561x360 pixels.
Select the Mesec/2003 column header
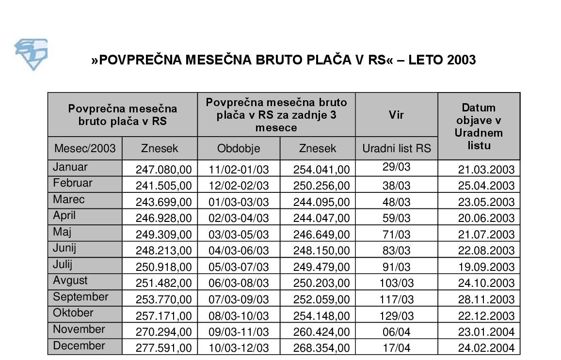[x=85, y=148]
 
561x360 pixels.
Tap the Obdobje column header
[x=239, y=148]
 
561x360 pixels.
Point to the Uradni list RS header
[x=397, y=148]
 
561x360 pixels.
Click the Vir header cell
[x=397, y=115]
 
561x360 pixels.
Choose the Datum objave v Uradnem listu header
[x=479, y=126]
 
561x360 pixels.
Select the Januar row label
[x=70, y=167]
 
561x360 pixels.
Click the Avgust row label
[x=70, y=281]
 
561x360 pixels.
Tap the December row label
[x=79, y=346]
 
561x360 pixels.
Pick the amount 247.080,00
[x=163, y=170]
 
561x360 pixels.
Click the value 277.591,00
[x=163, y=348]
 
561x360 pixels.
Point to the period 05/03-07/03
[x=239, y=267]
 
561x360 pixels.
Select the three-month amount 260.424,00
[x=321, y=332]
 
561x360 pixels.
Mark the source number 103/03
[x=397, y=283]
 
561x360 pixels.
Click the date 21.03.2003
[x=486, y=170]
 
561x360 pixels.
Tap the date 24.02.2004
[x=486, y=348]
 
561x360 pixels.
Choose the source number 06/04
[x=397, y=332]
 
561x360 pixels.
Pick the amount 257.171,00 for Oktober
[x=163, y=316]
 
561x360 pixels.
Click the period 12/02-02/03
[x=239, y=186]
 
